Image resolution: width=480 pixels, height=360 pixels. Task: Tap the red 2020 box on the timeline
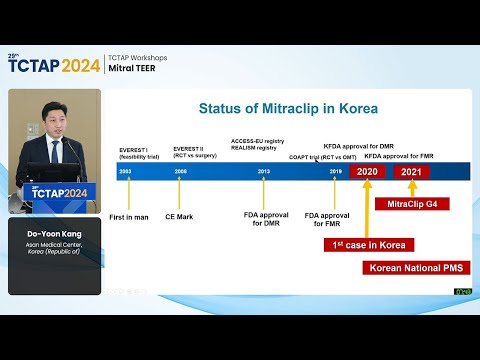click(x=367, y=172)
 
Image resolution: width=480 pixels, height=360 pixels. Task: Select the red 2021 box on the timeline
click(x=410, y=172)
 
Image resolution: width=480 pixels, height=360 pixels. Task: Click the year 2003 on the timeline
click(x=125, y=172)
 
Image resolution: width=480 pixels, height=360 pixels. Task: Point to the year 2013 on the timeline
click(x=263, y=172)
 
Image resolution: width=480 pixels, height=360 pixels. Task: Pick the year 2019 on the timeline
click(x=335, y=172)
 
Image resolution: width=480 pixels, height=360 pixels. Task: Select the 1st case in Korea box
click(x=367, y=244)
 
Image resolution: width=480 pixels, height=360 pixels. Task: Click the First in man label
click(x=128, y=216)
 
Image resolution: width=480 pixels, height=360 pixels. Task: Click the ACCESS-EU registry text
click(x=257, y=141)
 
